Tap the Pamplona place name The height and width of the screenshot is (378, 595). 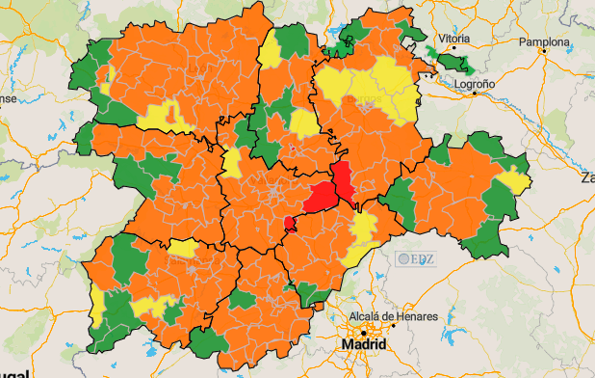tap(544, 42)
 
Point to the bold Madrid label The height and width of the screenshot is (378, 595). tap(365, 345)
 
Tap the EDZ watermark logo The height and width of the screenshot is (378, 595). tap(416, 258)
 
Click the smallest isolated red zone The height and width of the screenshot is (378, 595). tap(290, 224)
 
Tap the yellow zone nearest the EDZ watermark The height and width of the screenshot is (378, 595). tap(364, 229)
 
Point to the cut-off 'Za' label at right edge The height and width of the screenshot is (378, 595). tap(586, 178)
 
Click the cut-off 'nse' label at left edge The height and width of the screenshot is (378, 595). tap(8, 98)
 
